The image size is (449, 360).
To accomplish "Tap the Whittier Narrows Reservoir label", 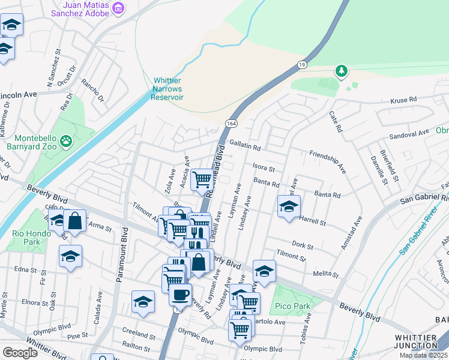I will (168, 89).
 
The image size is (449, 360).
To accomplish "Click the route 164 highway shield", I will (230, 123).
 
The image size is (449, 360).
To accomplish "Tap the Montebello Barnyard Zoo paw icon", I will (66, 142).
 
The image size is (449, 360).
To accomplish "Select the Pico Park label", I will (294, 306).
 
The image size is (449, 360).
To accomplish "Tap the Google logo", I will (20, 353).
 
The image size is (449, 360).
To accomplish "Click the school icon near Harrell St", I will (289, 206).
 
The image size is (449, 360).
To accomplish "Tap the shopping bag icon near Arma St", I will (75, 220).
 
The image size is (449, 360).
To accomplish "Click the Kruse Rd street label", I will (403, 100).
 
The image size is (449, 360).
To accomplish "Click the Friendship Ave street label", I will (327, 163).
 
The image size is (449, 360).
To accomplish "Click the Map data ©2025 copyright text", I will (424, 355).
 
